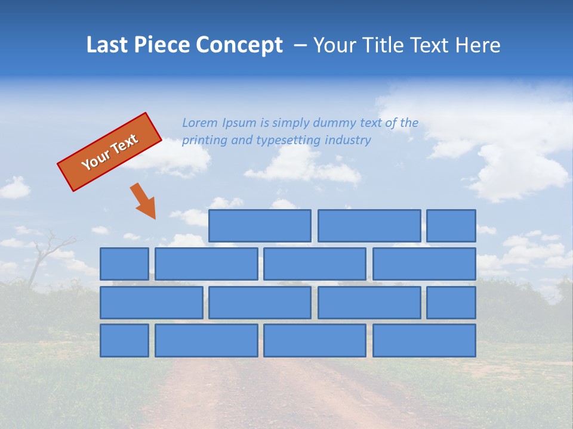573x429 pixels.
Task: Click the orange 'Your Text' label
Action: click(x=110, y=151)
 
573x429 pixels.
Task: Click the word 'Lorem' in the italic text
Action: click(x=201, y=123)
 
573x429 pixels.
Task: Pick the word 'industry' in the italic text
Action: click(x=348, y=140)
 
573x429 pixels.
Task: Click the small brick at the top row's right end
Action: click(x=451, y=226)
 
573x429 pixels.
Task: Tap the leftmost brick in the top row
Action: click(x=260, y=226)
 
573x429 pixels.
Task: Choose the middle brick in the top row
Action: click(x=369, y=226)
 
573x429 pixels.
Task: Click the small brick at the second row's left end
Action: click(x=124, y=264)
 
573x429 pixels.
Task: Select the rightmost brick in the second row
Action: click(x=424, y=264)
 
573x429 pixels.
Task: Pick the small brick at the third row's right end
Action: click(x=451, y=303)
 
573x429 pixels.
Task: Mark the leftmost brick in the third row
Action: click(x=151, y=303)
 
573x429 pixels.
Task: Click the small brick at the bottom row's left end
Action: click(x=124, y=341)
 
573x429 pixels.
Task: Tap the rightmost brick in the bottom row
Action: click(x=424, y=341)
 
